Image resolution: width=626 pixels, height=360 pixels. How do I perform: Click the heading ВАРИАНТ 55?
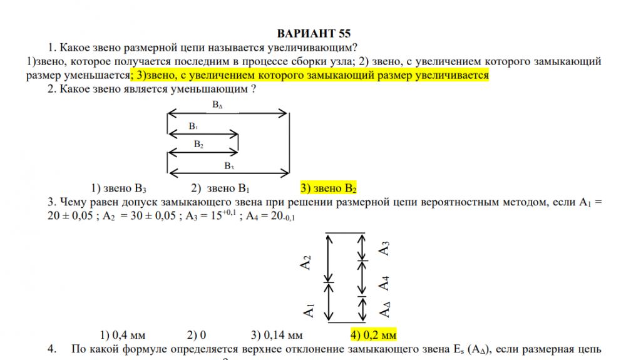click(314, 34)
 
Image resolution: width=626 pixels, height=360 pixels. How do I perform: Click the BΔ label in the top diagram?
click(217, 105)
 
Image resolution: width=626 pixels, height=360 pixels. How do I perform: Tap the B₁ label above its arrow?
click(193, 126)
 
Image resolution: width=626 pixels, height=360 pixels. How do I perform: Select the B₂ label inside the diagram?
click(198, 144)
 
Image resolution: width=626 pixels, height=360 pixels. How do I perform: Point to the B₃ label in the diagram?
click(228, 166)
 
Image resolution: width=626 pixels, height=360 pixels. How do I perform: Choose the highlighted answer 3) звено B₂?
click(328, 188)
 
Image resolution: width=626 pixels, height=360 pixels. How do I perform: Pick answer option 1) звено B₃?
click(118, 188)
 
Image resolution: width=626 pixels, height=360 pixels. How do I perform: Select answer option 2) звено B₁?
click(220, 188)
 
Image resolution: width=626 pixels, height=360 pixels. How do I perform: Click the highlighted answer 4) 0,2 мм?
click(373, 334)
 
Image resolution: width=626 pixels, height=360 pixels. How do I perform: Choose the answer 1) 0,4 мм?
click(123, 335)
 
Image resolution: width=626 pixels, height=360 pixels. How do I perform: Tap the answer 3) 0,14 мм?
click(277, 335)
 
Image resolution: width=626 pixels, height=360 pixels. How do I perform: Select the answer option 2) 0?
click(197, 335)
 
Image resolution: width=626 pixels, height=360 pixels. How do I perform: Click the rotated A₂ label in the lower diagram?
click(305, 262)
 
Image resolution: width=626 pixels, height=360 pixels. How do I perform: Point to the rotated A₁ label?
click(309, 310)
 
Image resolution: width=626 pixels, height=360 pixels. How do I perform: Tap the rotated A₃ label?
click(384, 249)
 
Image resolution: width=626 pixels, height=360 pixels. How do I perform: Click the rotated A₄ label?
click(384, 284)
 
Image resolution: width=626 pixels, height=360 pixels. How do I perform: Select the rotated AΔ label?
click(384, 310)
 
